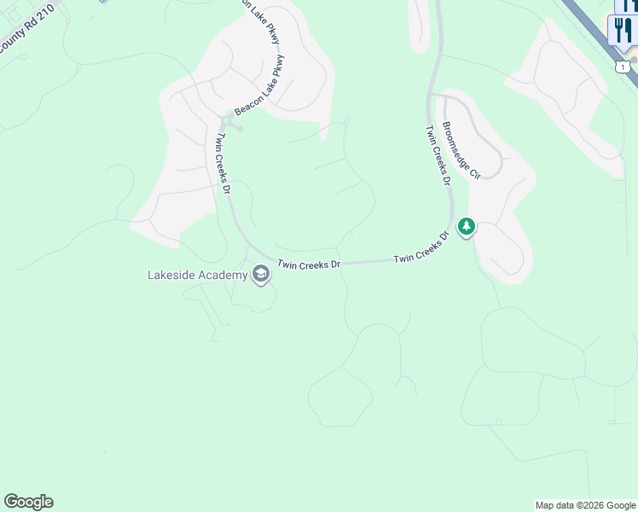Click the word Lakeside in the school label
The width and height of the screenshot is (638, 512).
coord(173,275)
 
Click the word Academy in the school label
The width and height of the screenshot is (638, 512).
coord(224,275)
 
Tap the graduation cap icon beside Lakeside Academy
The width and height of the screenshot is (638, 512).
coord(260,274)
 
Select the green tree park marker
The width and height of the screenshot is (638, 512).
coord(466,227)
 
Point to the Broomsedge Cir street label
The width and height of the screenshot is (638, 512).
coord(461,151)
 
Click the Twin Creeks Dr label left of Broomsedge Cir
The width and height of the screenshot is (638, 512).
coord(437,154)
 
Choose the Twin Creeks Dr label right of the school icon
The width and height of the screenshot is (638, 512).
coord(309,265)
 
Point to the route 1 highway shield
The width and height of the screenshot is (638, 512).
coord(623,67)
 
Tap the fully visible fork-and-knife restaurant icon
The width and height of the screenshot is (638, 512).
coord(623,32)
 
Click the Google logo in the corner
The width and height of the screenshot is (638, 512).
coord(28,502)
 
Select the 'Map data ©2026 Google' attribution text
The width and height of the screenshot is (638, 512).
coord(586,505)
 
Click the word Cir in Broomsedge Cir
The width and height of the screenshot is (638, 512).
coord(475,172)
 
